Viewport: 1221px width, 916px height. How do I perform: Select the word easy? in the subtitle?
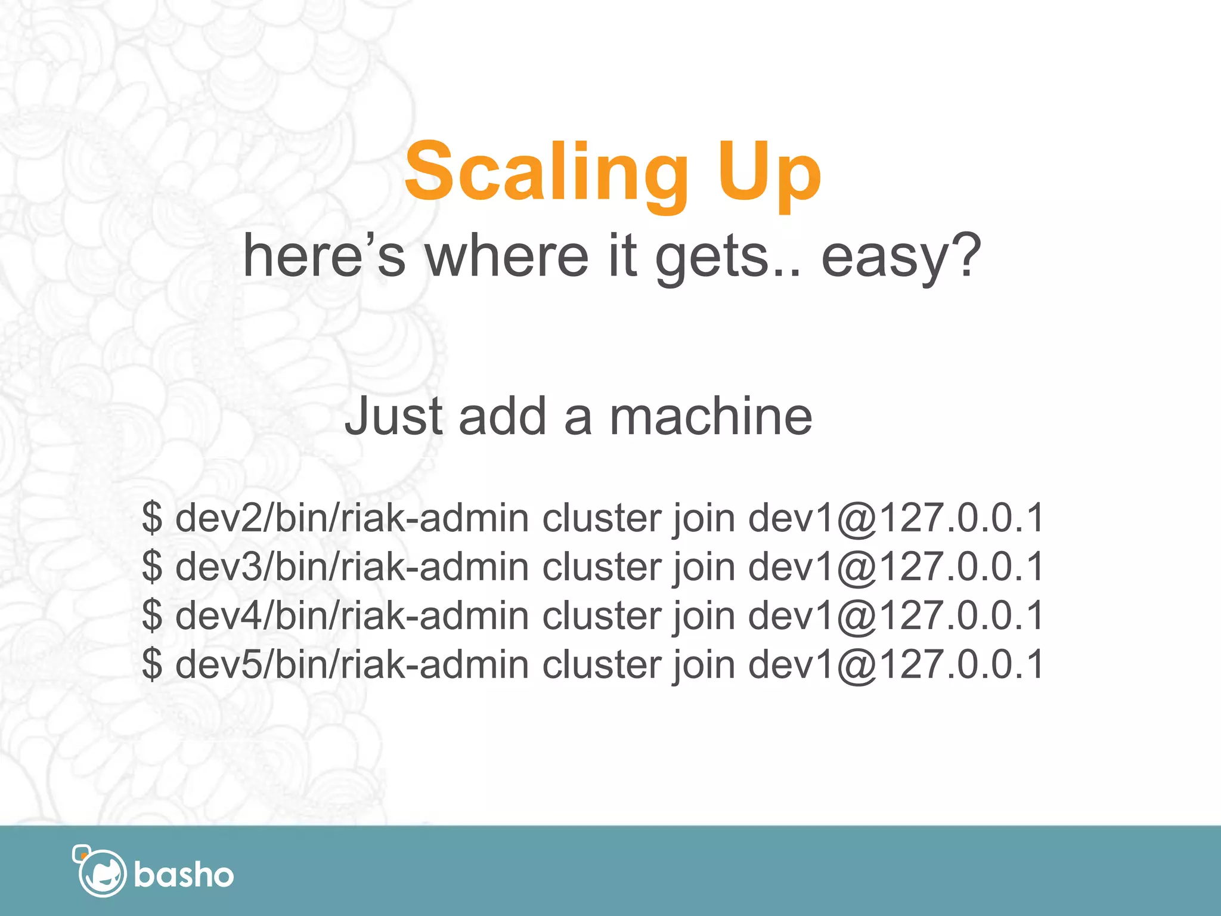click(x=901, y=256)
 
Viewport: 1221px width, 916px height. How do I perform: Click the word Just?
click(x=393, y=416)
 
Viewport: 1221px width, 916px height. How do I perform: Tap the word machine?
click(x=711, y=416)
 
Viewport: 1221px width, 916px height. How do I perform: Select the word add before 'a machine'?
click(x=503, y=416)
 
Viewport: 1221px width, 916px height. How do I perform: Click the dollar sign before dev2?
click(x=152, y=518)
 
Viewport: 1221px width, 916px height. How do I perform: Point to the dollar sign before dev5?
click(x=152, y=664)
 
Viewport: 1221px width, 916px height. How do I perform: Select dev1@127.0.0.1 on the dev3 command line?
click(x=895, y=567)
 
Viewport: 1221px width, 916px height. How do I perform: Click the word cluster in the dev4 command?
click(x=601, y=615)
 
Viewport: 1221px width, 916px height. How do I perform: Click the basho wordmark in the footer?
click(x=184, y=875)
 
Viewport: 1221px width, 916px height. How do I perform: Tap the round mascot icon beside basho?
click(x=101, y=872)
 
